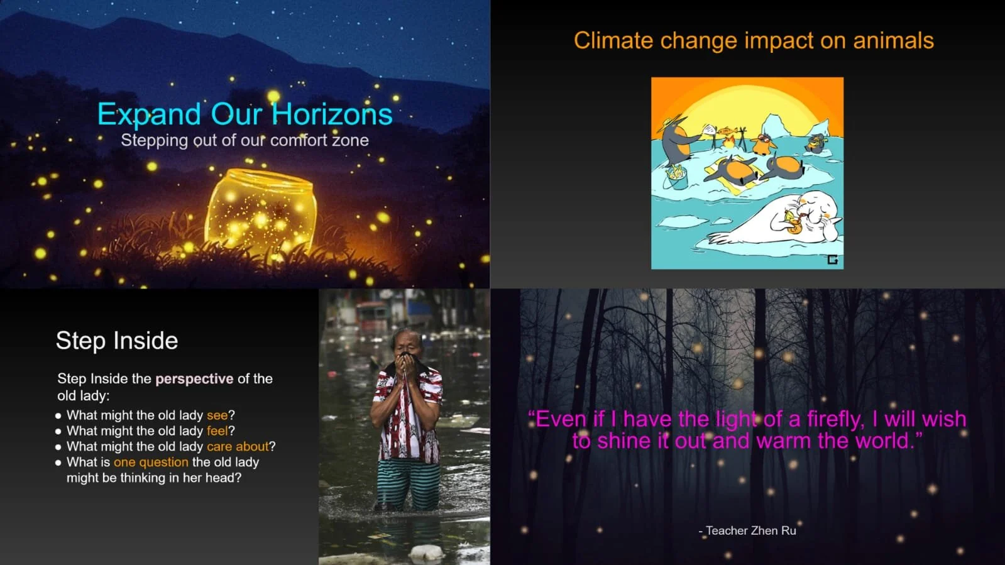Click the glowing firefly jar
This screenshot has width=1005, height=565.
pyautogui.click(x=260, y=211)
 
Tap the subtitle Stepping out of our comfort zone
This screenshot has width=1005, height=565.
pyautogui.click(x=244, y=140)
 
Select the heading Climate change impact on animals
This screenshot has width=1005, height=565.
pyautogui.click(x=753, y=41)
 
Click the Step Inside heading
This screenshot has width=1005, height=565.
pyautogui.click(x=117, y=341)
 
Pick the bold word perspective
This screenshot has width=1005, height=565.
pyautogui.click(x=194, y=379)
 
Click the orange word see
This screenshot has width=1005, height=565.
pyautogui.click(x=217, y=415)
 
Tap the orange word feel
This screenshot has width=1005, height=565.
pyautogui.click(x=217, y=431)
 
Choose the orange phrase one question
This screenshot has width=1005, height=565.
pyautogui.click(x=151, y=463)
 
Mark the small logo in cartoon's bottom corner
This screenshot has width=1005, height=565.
pyautogui.click(x=832, y=260)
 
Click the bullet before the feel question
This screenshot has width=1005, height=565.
pyautogui.click(x=58, y=432)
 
